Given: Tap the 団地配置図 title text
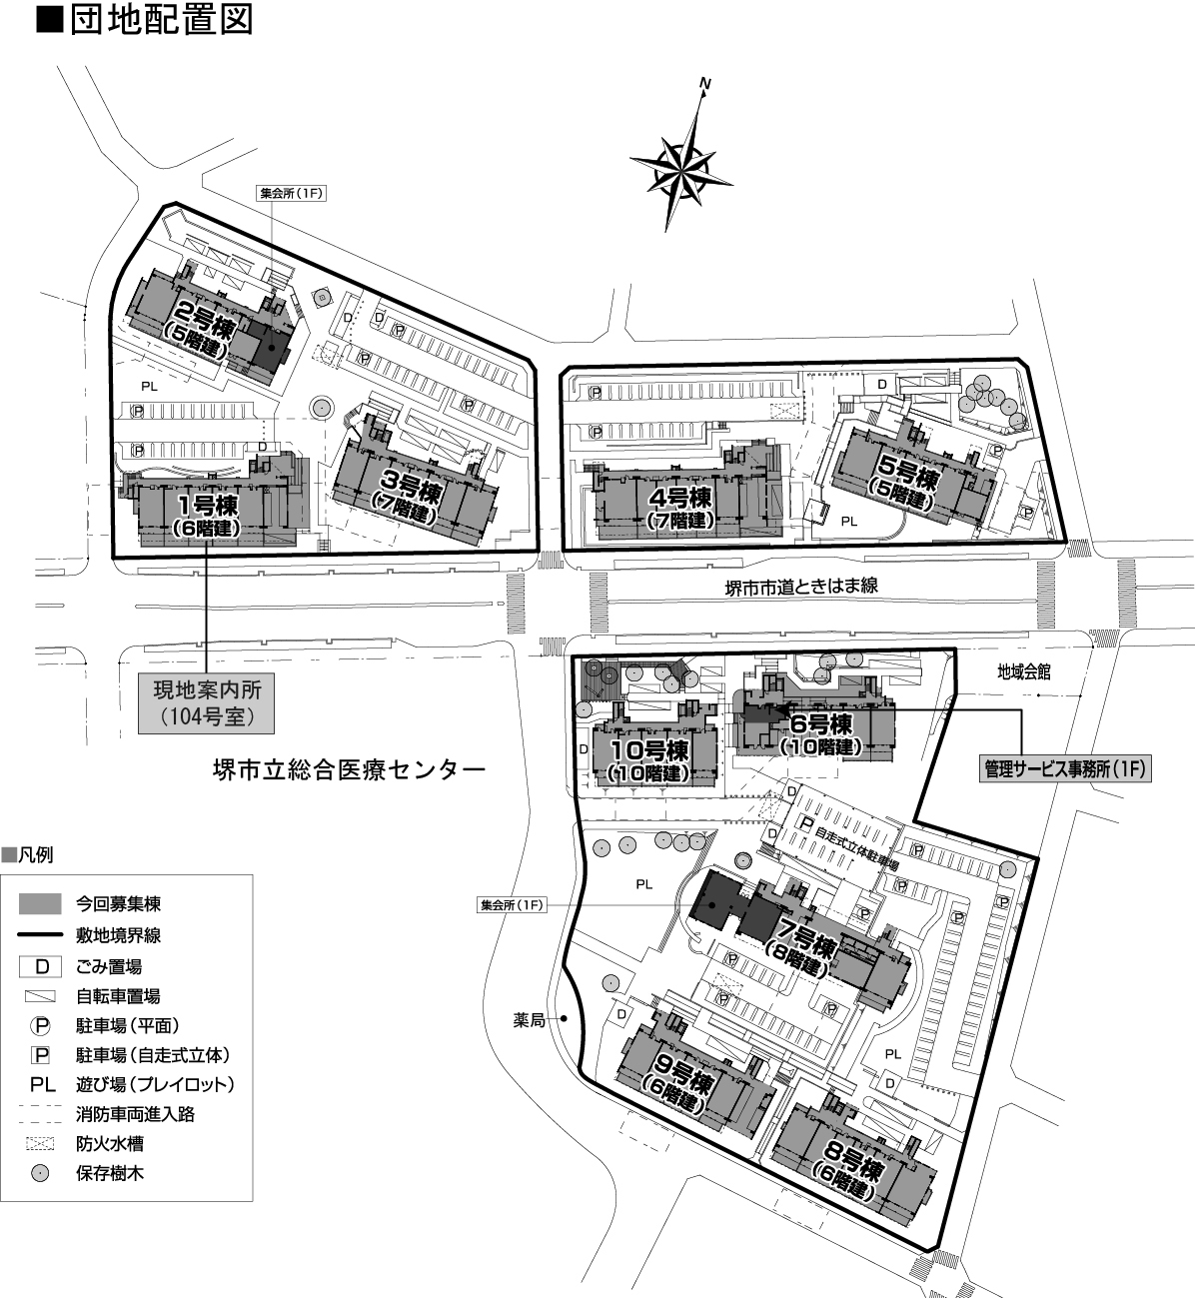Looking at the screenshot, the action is click(x=161, y=20).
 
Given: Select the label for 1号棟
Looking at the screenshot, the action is click(x=207, y=516).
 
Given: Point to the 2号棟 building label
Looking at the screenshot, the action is click(x=201, y=330).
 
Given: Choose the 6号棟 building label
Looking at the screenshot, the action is click(x=821, y=735).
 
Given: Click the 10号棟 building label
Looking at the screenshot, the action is click(x=649, y=761).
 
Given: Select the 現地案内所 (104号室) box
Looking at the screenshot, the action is click(x=207, y=703).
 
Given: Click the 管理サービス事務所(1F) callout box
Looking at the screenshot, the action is click(x=1065, y=768).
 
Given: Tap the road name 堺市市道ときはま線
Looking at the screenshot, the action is click(x=801, y=587).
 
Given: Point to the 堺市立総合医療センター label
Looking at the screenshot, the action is click(x=350, y=770).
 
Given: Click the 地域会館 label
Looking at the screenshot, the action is click(x=1023, y=672).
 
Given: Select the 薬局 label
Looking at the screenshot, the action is click(x=530, y=1020).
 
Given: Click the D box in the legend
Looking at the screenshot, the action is click(x=40, y=966).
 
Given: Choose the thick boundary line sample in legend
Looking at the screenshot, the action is click(x=40, y=934).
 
